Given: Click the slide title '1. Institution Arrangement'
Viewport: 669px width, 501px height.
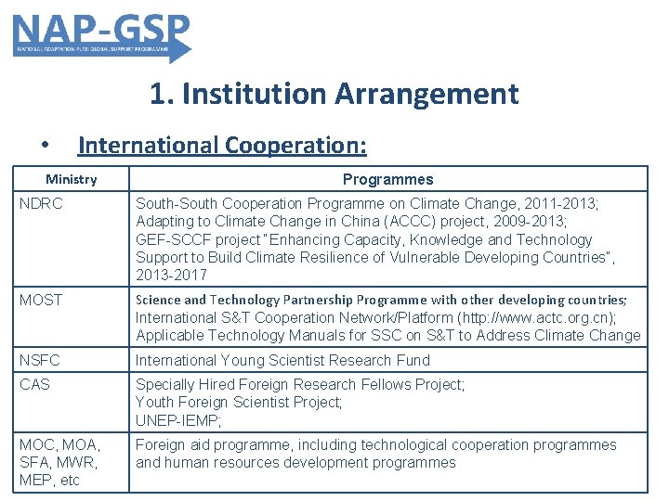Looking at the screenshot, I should (x=334, y=94).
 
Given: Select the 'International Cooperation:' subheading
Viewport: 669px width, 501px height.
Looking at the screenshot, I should (x=222, y=146).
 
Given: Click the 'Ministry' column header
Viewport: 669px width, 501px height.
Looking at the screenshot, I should (x=72, y=179).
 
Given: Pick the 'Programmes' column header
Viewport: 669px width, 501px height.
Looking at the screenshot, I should (x=387, y=179).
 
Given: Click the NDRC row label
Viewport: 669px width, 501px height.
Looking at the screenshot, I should (x=41, y=203).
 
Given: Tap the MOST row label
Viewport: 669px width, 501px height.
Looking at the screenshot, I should (x=41, y=300).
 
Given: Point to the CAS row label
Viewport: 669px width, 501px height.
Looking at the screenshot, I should (x=34, y=384).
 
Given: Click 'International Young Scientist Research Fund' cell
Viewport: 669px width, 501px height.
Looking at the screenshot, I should (x=282, y=360).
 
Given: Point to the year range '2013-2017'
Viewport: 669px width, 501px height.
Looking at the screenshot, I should (x=171, y=275).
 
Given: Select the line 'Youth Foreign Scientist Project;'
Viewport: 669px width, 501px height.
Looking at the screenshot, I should (x=239, y=402).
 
